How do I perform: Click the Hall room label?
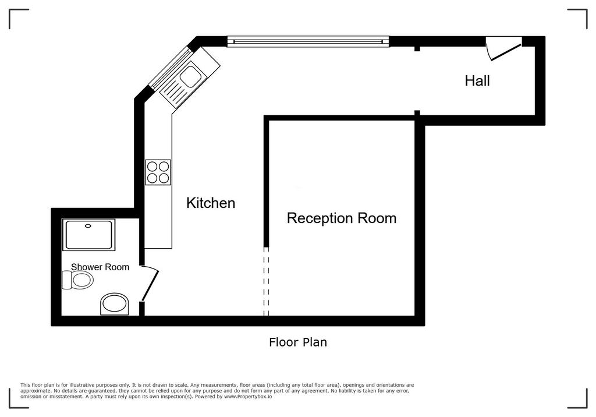coord(477,80)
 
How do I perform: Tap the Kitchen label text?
coord(211,203)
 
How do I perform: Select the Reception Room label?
coord(341,218)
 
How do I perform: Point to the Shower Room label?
coord(100,267)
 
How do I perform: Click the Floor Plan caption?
coord(298,342)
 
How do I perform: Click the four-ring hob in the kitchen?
coord(158,172)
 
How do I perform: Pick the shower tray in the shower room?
coord(89,235)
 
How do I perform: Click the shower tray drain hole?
coord(88,226)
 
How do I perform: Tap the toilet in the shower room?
coord(77,280)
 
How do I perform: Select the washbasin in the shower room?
coord(115,304)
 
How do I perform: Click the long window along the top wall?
coord(308,41)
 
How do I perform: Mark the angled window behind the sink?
coord(170,68)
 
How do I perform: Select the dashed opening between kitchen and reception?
coord(266,281)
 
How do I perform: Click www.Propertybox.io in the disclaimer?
coord(248,397)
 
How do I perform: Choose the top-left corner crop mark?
coord(10,10)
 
